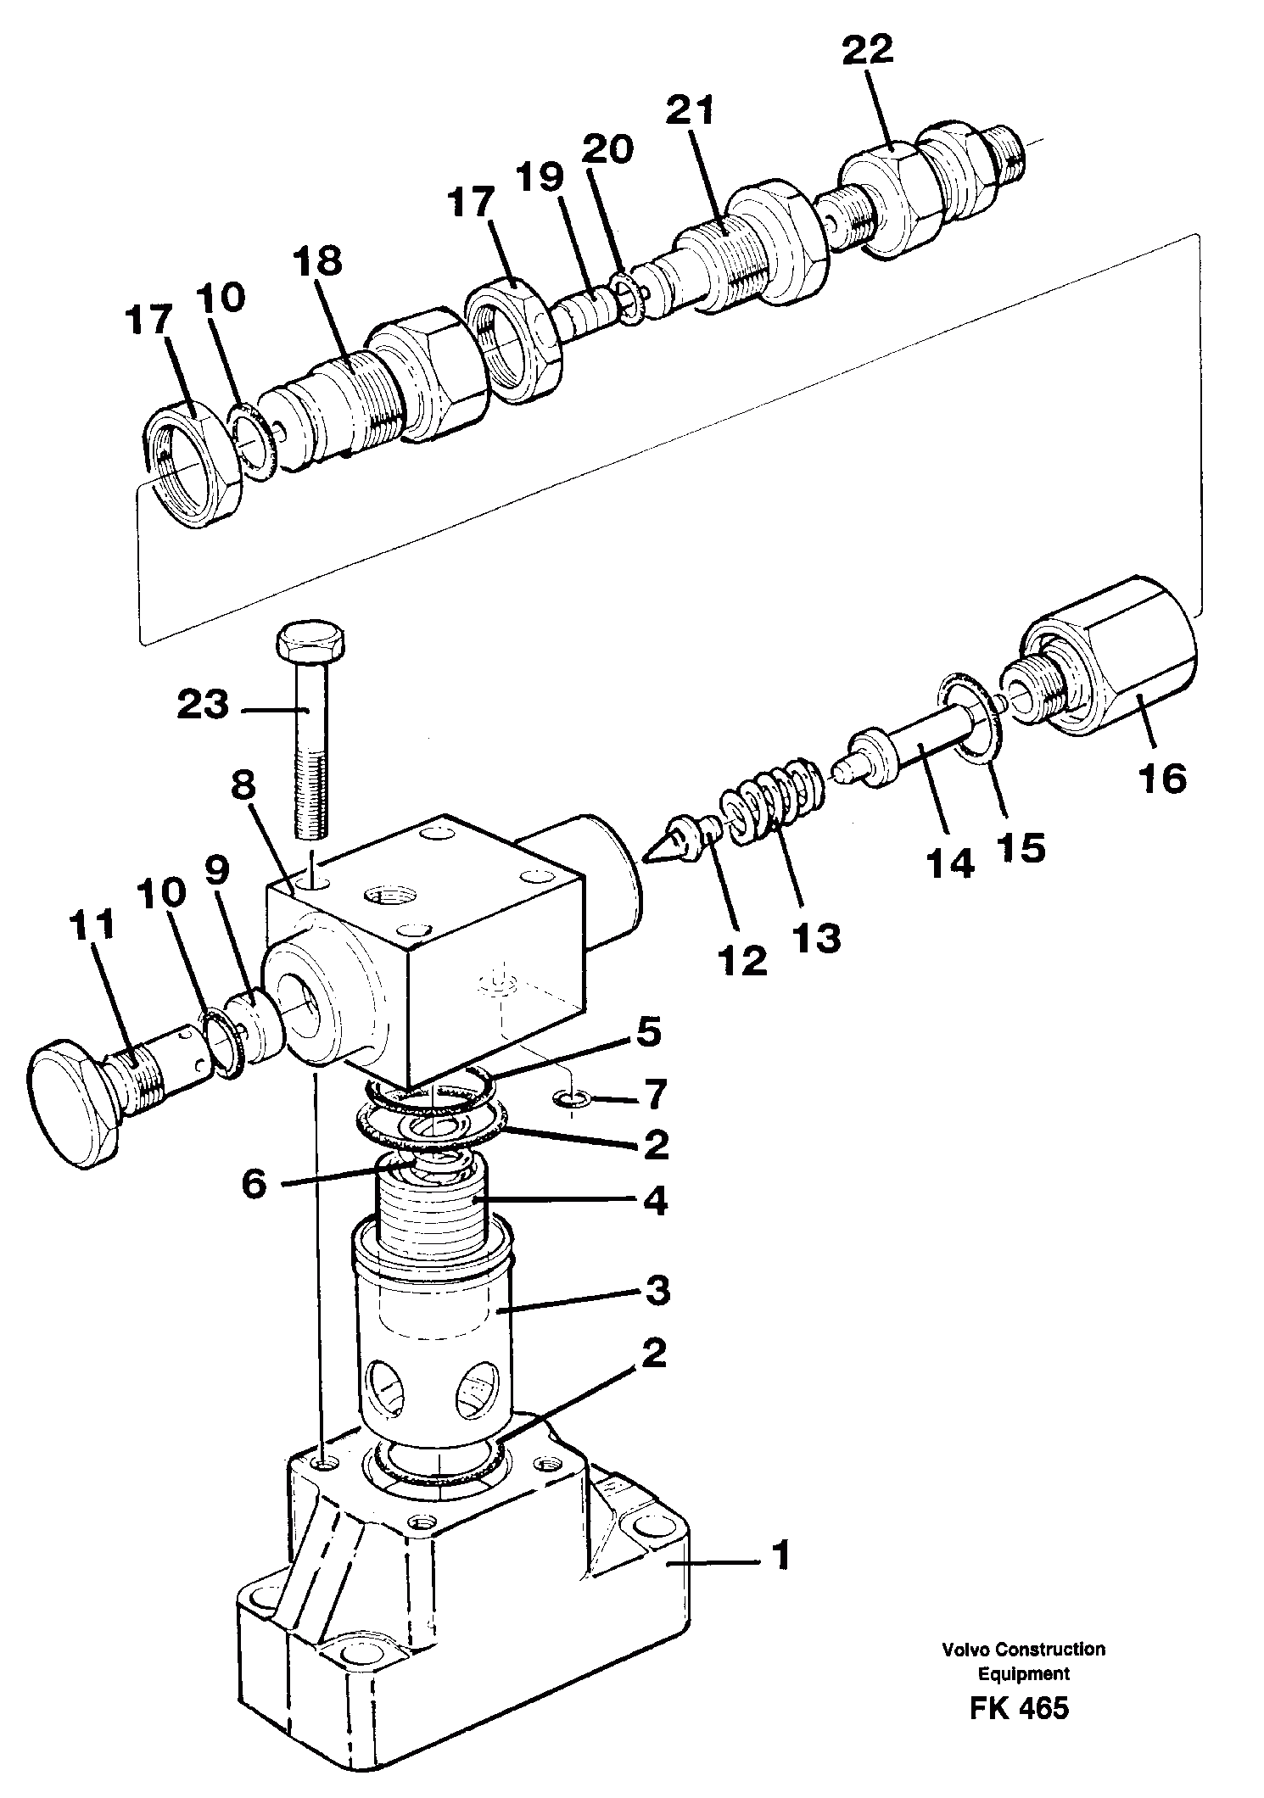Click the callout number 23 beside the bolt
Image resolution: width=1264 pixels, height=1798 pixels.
coord(203,705)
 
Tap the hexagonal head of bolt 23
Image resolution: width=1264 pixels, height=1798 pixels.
coord(310,645)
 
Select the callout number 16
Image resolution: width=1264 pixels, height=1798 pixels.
coord(1163,777)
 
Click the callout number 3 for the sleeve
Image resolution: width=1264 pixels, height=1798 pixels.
coord(656,1291)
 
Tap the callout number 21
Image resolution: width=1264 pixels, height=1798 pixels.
coord(690,110)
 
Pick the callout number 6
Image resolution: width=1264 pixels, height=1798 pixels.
coord(254,1183)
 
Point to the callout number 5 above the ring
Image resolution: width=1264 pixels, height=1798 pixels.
coord(649,1034)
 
